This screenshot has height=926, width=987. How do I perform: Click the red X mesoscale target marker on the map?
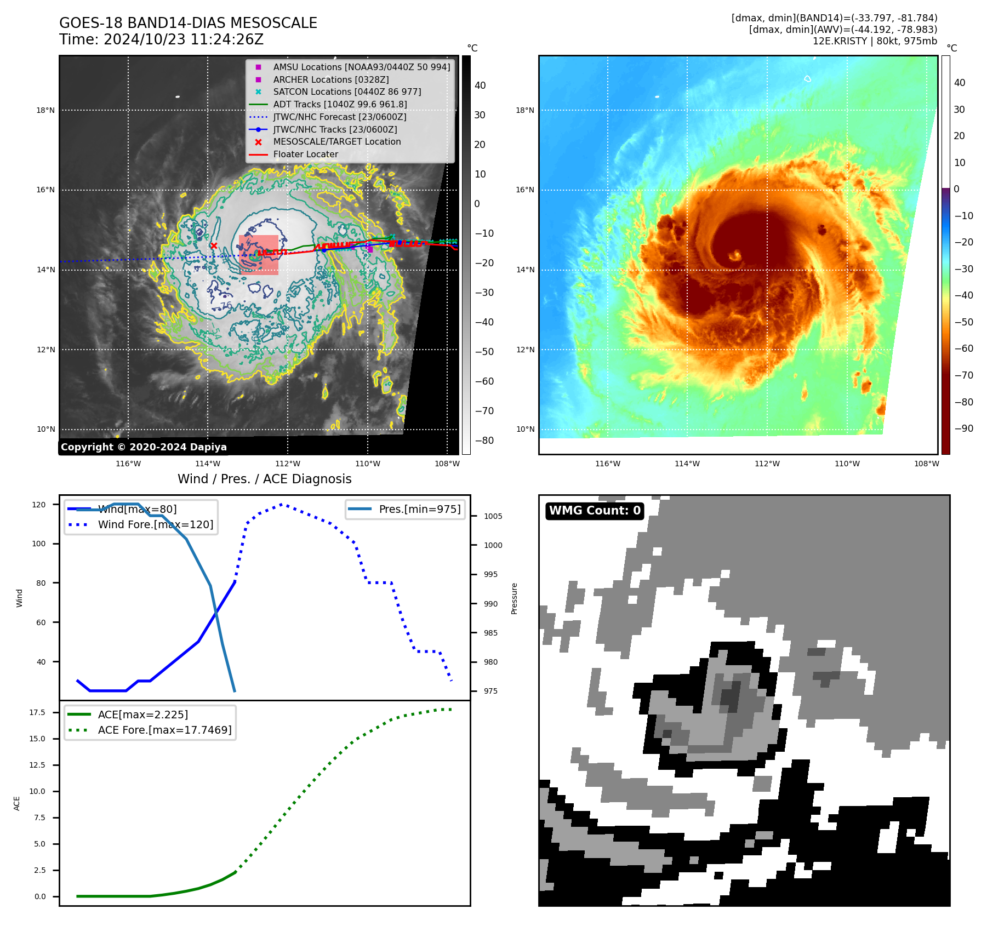pos(214,246)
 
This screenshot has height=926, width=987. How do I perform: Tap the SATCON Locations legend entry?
pos(347,92)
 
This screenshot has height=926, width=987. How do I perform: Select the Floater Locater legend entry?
pos(305,155)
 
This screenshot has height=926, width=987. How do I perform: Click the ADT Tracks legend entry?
pos(340,105)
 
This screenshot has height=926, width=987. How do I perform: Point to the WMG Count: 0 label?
pos(595,511)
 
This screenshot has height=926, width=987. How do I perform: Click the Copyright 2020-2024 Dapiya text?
pos(144,447)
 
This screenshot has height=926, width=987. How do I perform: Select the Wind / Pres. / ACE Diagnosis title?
pos(264,479)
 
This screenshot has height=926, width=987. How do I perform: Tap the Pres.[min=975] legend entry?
pos(419,509)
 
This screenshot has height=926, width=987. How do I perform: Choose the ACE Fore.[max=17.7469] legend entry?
pos(164,730)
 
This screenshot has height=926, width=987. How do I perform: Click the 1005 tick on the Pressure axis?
pos(493,516)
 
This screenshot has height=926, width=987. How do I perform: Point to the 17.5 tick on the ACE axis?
pos(37,712)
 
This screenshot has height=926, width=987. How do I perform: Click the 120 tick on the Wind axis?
pos(39,505)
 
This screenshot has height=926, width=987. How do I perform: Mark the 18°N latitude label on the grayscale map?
pos(45,110)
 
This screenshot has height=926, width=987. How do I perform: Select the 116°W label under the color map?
pos(607,464)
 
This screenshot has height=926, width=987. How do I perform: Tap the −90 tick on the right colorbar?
pos(963,428)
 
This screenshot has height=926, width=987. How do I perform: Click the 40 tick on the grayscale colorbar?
pos(480,85)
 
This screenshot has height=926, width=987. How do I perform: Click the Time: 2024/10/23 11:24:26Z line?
pos(162,39)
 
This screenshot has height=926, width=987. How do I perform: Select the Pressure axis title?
pos(514,598)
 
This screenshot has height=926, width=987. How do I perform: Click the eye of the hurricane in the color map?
pos(734,255)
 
